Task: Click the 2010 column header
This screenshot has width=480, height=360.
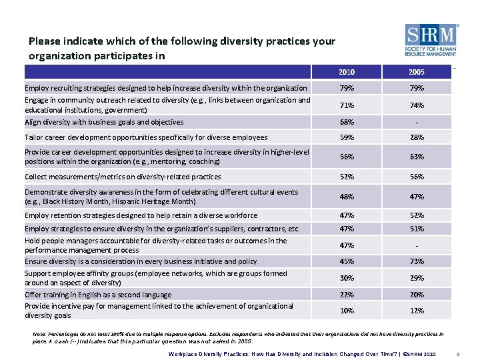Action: click(347, 72)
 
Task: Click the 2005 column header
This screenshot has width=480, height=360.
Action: click(417, 72)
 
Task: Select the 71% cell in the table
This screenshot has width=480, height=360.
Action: click(347, 105)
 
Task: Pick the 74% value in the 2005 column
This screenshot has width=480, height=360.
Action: click(417, 105)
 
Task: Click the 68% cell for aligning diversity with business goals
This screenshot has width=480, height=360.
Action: click(347, 122)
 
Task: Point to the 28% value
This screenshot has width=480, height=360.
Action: click(417, 137)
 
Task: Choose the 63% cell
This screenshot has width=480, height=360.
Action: click(417, 157)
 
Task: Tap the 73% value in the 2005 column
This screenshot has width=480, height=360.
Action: click(417, 261)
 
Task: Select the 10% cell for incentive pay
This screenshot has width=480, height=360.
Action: click(347, 311)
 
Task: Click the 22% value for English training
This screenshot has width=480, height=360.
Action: click(347, 295)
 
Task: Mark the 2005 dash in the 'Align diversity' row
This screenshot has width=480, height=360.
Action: click(417, 122)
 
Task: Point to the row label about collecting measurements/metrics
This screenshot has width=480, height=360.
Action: click(123, 177)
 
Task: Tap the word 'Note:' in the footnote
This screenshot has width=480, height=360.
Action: click(39, 333)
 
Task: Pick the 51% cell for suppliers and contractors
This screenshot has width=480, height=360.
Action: click(417, 229)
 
